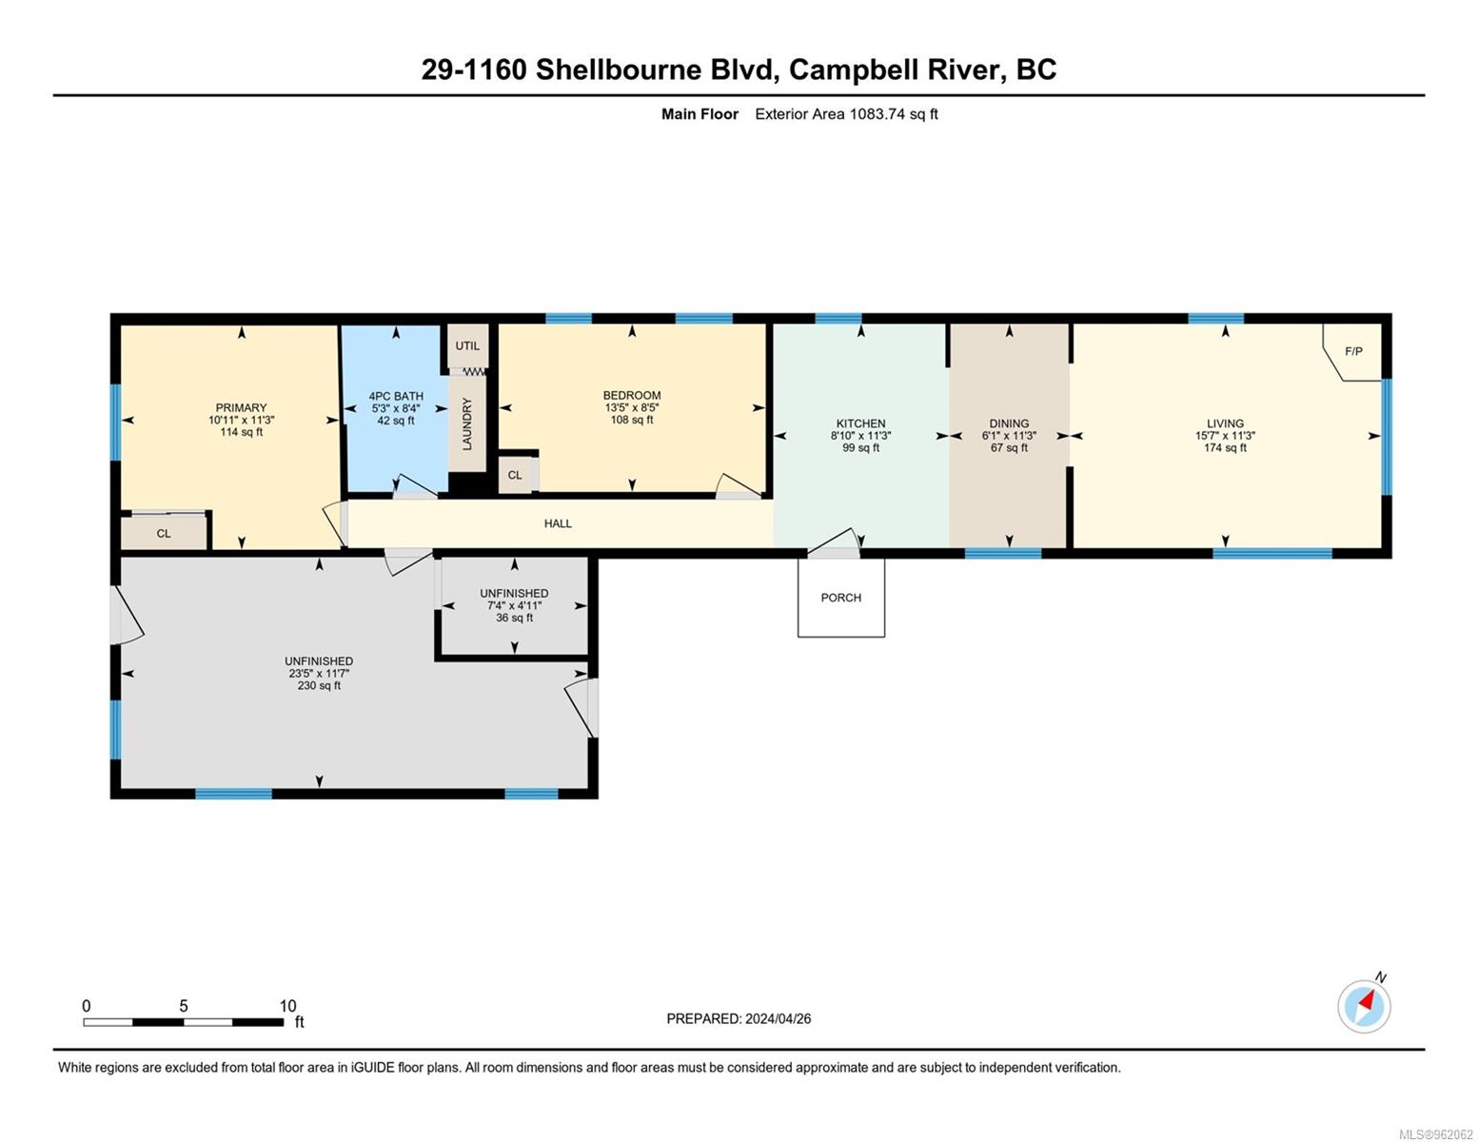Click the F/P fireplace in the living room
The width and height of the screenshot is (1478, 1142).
pos(1353,352)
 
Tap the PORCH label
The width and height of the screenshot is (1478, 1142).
pos(840,598)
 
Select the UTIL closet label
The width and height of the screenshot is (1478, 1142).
pos(467,345)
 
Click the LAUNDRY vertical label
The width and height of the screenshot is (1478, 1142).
pos(467,424)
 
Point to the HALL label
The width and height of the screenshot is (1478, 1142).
pos(558,523)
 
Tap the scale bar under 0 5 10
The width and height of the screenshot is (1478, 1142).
pos(183,1022)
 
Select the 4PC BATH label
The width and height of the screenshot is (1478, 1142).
pos(396,396)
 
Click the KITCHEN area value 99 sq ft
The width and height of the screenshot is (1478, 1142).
pos(860,448)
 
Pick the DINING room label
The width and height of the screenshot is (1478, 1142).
pos(1009,423)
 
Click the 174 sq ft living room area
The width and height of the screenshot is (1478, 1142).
pos(1225,448)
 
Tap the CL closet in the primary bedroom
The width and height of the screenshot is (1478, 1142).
pos(164,534)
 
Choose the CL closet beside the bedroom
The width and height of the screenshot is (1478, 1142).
pos(515,475)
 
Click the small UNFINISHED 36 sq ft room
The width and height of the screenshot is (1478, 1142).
pos(514,605)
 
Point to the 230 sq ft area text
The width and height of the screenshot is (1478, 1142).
pos(319,686)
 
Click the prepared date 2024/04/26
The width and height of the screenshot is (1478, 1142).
pos(778,1018)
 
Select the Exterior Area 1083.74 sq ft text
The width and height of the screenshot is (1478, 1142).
pos(846,114)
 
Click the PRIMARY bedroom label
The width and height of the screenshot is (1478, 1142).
pos(241,407)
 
